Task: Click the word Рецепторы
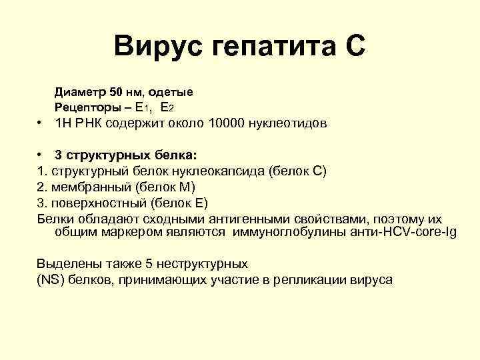click(x=87, y=107)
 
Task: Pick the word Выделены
click(x=66, y=264)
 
